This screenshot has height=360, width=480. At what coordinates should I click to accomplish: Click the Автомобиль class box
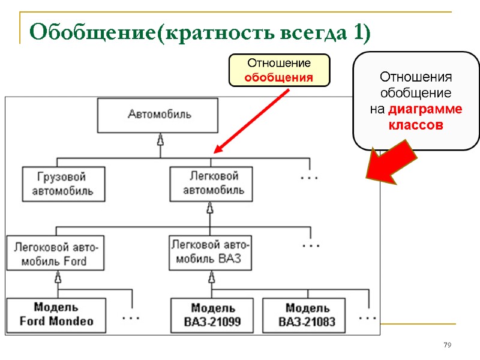pyautogui.click(x=159, y=115)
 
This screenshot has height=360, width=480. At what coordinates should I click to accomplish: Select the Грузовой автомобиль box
pyautogui.click(x=63, y=184)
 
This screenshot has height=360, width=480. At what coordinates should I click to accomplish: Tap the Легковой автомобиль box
pyautogui.click(x=211, y=184)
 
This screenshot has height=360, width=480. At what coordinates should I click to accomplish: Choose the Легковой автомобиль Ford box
pyautogui.click(x=55, y=253)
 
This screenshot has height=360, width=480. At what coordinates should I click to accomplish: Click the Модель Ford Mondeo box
pyautogui.click(x=56, y=315)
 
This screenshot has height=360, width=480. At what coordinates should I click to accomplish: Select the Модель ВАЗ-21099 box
pyautogui.click(x=212, y=316)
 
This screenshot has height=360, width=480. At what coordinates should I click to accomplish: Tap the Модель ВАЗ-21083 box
pyautogui.click(x=307, y=316)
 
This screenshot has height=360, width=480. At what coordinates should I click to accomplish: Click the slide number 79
pyautogui.click(x=446, y=345)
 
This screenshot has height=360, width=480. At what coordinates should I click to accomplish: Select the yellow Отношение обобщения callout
pyautogui.click(x=279, y=70)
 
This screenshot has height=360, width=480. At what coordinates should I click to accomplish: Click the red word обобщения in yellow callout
pyautogui.click(x=279, y=77)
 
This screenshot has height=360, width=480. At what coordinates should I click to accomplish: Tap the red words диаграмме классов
pyautogui.click(x=424, y=118)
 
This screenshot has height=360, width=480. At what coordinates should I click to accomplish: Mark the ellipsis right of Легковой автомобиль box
pyautogui.click(x=309, y=178)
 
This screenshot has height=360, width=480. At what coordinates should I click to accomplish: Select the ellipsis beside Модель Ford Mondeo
pyautogui.click(x=131, y=316)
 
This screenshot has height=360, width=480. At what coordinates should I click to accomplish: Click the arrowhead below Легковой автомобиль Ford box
pyautogui.click(x=58, y=277)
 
